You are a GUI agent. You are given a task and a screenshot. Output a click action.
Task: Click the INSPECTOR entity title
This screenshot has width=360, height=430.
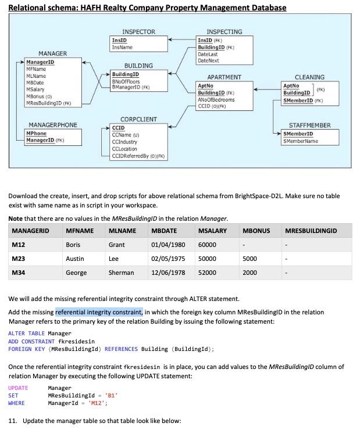[x=138, y=31]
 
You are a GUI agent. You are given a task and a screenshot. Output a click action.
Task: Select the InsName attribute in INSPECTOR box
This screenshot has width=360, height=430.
[x=122, y=47]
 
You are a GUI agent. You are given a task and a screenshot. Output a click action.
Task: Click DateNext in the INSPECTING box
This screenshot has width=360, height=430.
[x=208, y=60]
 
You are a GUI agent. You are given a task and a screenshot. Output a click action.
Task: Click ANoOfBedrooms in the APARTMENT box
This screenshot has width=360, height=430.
[x=216, y=99]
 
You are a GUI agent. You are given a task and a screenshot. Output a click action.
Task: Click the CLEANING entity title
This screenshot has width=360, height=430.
[x=309, y=77]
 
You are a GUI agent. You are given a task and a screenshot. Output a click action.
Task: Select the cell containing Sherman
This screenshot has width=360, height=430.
[x=121, y=273]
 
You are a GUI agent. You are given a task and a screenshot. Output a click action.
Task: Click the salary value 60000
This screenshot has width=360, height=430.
[x=207, y=245]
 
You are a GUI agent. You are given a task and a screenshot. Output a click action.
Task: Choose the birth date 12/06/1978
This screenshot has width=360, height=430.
[x=168, y=273]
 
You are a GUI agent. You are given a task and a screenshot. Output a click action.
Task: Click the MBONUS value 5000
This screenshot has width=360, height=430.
[x=249, y=259]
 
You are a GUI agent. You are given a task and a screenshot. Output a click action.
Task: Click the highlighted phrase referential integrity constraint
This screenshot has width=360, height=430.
[x=99, y=312]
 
